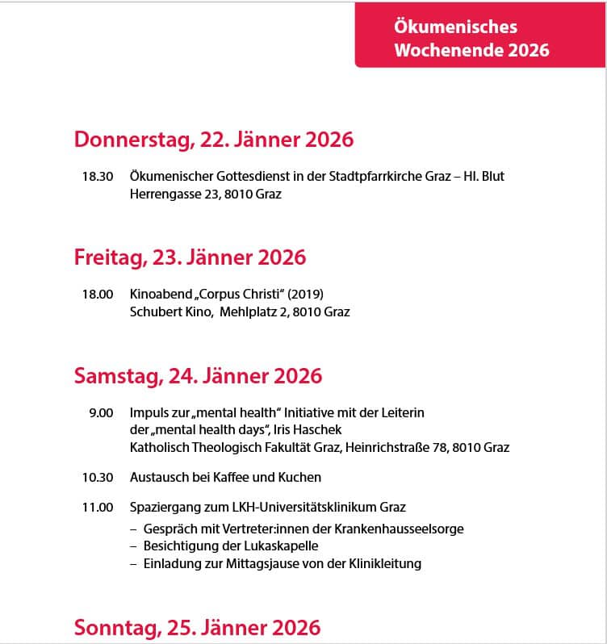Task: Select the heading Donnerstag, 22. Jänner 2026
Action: tap(214, 140)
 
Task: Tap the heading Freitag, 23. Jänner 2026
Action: tap(190, 257)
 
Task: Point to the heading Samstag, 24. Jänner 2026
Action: tap(198, 375)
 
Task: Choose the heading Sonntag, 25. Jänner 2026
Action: tap(197, 627)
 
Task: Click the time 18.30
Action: tap(97, 176)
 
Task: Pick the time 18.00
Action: tap(97, 294)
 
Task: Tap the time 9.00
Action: tap(101, 412)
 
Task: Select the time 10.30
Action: tap(97, 477)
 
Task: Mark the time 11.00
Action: tap(97, 508)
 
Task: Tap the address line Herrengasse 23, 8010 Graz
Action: tap(206, 194)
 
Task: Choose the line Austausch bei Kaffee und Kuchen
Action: tap(226, 477)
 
